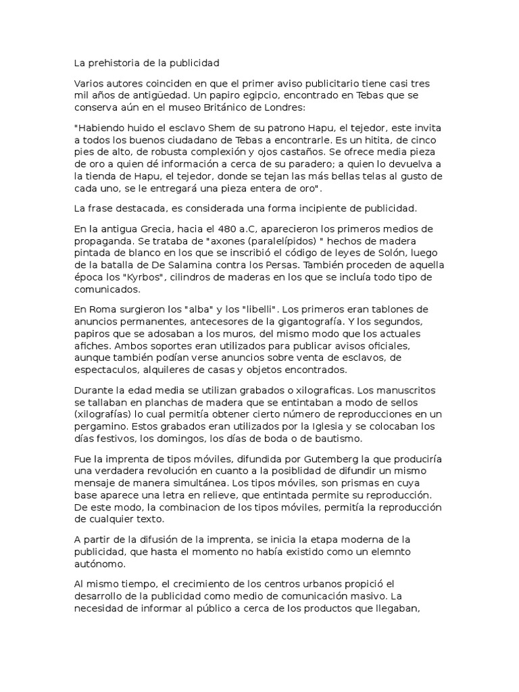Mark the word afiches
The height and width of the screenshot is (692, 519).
(93, 345)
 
